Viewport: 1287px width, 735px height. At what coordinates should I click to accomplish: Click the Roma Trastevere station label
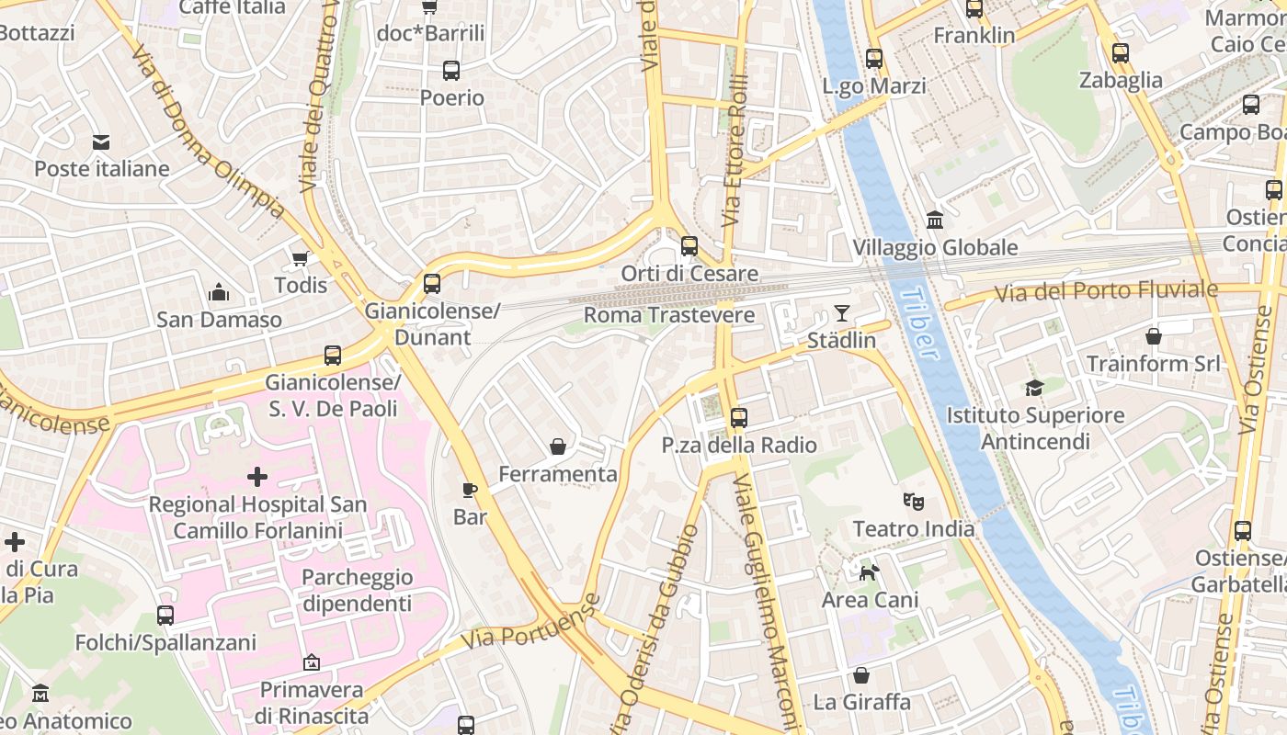(x=669, y=315)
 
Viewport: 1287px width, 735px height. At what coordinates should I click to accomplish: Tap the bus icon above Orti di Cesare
(x=689, y=245)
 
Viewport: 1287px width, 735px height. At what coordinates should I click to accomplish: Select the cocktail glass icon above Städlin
(x=841, y=313)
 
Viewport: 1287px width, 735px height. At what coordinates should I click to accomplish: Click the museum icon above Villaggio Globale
(x=935, y=220)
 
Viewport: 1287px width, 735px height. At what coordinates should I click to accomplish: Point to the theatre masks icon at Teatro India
(x=913, y=502)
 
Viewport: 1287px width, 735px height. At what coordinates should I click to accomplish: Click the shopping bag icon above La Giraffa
(x=861, y=675)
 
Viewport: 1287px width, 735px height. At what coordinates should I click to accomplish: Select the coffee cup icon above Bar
(x=470, y=490)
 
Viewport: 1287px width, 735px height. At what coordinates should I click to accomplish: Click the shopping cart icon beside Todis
(x=300, y=258)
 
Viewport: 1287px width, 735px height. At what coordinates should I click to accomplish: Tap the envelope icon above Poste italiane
(x=101, y=142)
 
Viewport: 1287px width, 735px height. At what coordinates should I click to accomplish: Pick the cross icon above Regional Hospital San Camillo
(x=257, y=477)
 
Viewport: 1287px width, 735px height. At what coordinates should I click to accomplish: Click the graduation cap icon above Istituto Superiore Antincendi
(x=1035, y=389)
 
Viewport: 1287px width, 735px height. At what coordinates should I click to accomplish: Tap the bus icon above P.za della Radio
(x=738, y=418)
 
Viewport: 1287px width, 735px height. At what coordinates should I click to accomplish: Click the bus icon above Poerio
(x=451, y=71)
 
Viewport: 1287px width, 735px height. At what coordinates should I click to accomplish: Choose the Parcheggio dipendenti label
(x=358, y=591)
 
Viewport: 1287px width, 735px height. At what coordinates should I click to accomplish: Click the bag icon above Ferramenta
(x=558, y=447)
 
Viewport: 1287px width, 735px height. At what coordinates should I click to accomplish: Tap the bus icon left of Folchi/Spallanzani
(x=165, y=616)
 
